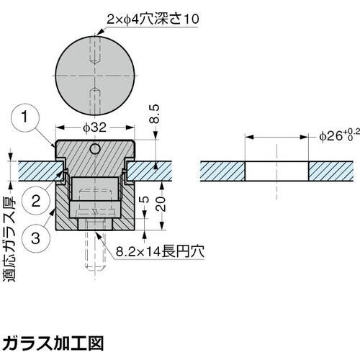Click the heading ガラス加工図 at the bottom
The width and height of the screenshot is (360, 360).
[53, 341]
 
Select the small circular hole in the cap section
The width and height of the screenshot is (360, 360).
[95, 149]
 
